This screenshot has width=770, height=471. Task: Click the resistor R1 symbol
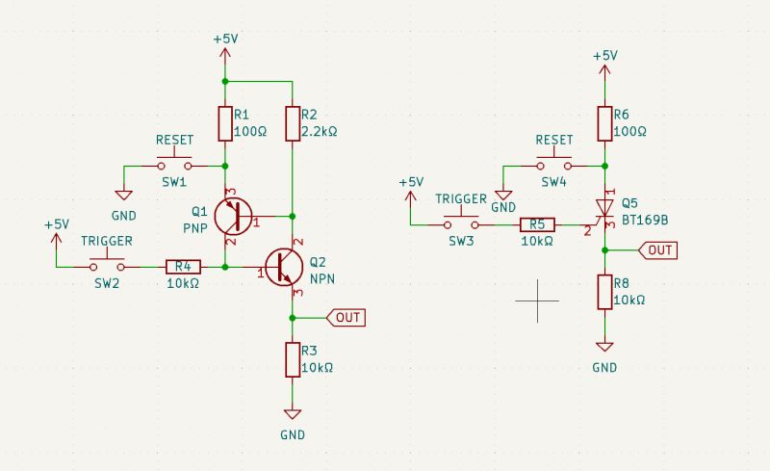[x=224, y=123]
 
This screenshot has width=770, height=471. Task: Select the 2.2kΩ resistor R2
[x=292, y=123]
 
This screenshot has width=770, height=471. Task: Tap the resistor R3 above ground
[x=292, y=359]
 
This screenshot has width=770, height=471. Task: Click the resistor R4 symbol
[x=183, y=267]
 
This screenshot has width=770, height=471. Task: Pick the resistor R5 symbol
[x=537, y=224]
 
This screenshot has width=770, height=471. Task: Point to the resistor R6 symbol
[x=603, y=123]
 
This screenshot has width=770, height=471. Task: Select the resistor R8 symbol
[x=603, y=291]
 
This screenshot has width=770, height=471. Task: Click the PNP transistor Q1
[x=232, y=215]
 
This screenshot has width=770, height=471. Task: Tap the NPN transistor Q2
[x=284, y=267]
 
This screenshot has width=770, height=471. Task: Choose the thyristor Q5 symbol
[x=603, y=209]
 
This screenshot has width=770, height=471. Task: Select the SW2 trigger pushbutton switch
[x=107, y=264]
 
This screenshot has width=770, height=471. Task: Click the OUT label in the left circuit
[x=347, y=317]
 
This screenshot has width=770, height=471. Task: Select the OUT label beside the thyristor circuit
[x=659, y=249]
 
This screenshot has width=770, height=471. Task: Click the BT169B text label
[x=644, y=221]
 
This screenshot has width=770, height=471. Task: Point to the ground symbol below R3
[x=292, y=414]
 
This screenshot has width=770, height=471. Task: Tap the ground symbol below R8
[x=603, y=347]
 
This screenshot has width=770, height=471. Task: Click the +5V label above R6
[x=603, y=56]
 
